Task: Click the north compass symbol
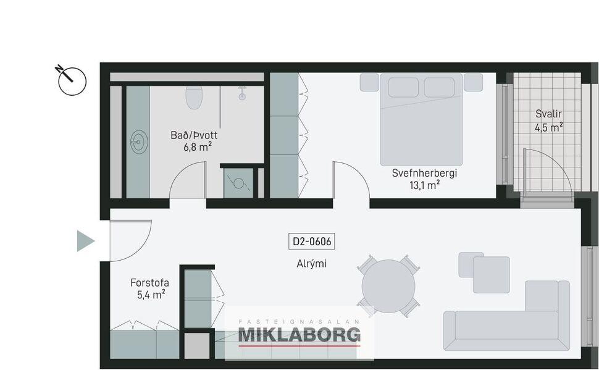72,80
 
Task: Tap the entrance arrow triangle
85,240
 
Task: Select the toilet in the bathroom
195,97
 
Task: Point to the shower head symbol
243,93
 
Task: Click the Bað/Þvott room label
193,135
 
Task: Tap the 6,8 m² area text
197,146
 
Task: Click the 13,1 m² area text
424,184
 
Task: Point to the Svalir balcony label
549,114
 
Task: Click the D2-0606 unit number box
311,242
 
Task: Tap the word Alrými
311,264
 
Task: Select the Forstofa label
149,283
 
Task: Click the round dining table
388,285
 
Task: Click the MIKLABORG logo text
299,335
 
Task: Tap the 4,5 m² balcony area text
549,127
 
